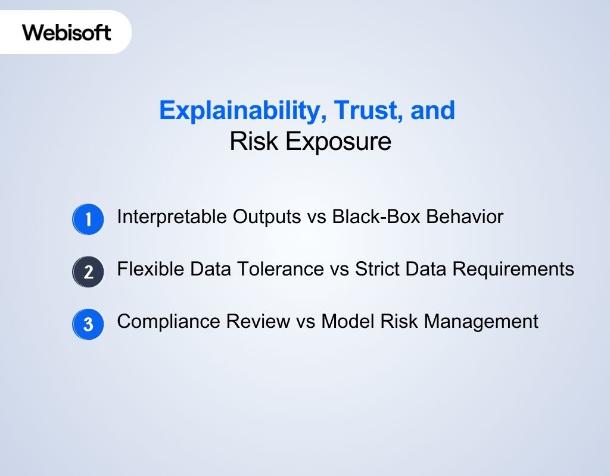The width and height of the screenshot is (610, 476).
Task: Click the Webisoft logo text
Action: coord(67,32)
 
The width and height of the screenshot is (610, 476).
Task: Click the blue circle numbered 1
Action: coord(88,220)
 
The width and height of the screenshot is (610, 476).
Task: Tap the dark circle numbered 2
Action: coord(88,272)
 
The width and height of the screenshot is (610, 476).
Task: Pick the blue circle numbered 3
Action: coord(88,324)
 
